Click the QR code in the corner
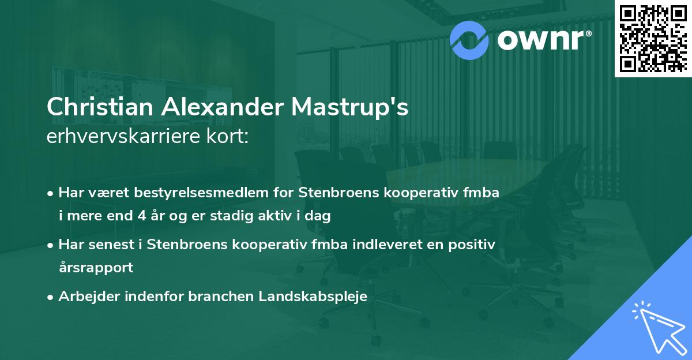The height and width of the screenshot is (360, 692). coord(653,38)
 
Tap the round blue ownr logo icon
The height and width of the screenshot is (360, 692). coord(469,39)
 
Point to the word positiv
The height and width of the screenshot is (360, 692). coord(472,245)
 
